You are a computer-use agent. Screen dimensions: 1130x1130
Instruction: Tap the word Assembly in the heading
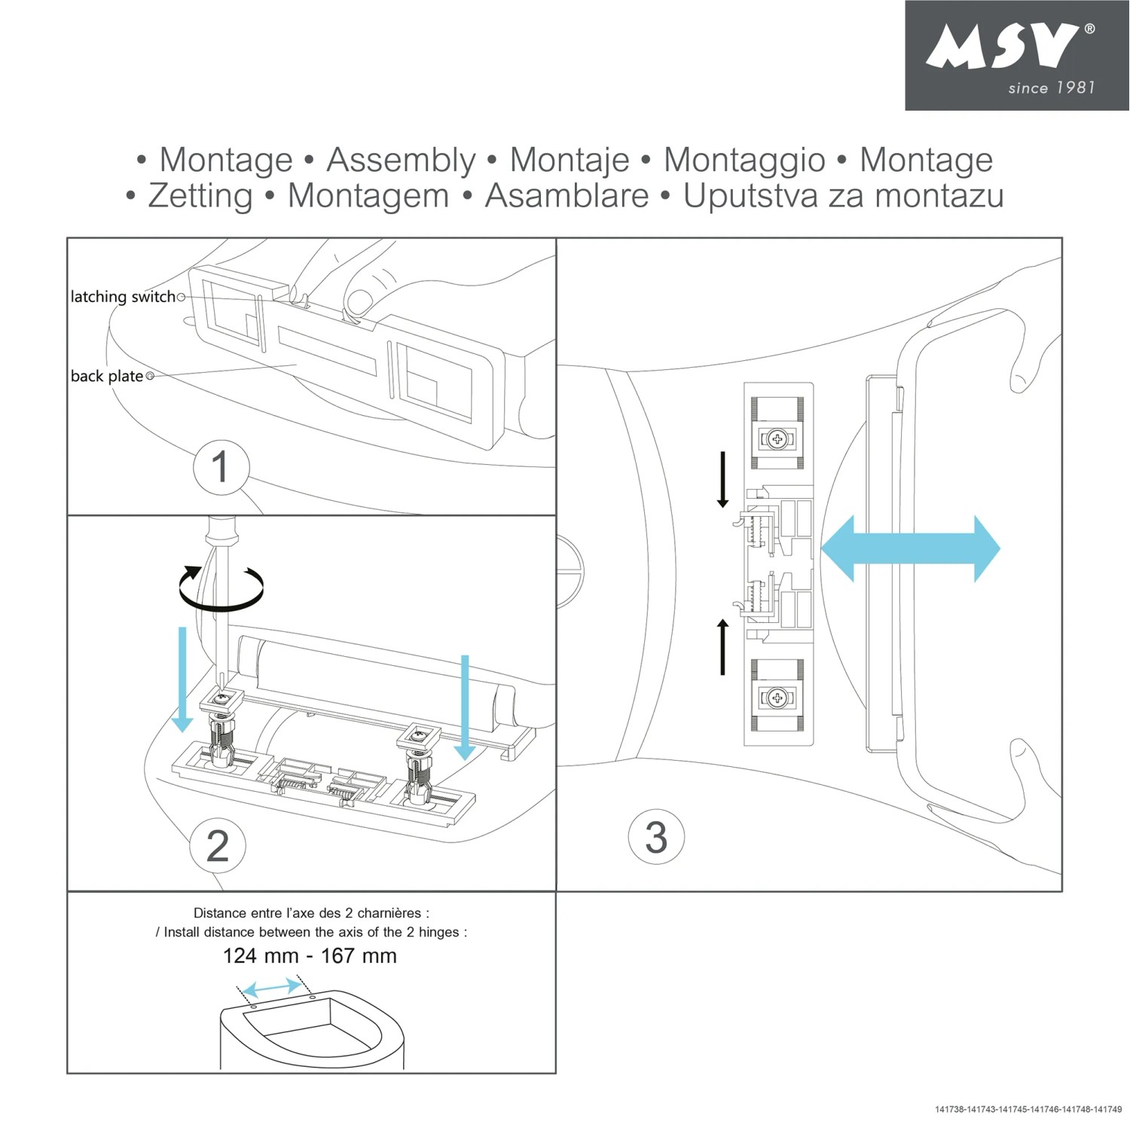coord(401,160)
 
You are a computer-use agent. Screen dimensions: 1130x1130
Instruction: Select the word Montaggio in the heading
coord(744,160)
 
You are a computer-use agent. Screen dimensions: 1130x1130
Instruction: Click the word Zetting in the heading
coord(200,196)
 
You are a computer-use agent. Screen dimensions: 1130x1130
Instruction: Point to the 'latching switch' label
coord(123,297)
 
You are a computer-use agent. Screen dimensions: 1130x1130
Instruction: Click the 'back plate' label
coord(107,376)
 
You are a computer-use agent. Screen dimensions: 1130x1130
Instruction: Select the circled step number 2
coord(218,846)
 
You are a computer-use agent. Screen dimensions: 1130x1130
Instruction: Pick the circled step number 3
coord(656,837)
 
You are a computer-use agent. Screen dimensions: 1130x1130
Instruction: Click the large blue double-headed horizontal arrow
coord(910,548)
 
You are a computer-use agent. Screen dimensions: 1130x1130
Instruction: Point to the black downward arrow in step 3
coord(722,480)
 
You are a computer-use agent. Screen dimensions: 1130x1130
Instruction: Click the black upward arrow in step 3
coord(722,646)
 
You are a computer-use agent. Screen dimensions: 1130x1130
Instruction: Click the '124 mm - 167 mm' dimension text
coord(310,956)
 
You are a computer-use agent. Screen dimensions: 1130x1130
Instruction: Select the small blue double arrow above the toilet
coord(273,988)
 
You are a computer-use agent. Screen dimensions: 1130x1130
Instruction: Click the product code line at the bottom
coord(1028,1110)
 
